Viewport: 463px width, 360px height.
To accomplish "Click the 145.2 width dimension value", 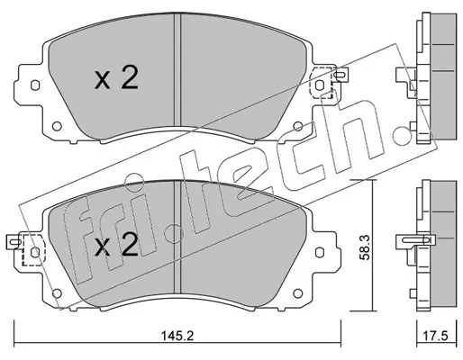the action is pos(177,336).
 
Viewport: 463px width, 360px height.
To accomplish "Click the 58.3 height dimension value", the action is pos(365,247).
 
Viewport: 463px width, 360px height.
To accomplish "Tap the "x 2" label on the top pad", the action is pos(116,77).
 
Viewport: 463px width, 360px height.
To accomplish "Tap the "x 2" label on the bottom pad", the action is pos(116,245).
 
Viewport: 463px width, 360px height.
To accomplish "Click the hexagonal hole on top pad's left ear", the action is pos(35,85).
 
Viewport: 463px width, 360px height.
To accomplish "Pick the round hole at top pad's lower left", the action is pos(57,126).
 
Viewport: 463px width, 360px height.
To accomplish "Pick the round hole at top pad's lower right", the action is pos(297,126).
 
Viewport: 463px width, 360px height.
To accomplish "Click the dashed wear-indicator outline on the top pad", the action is pos(321,83).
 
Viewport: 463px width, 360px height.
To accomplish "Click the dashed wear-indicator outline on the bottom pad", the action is pos(33,250).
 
